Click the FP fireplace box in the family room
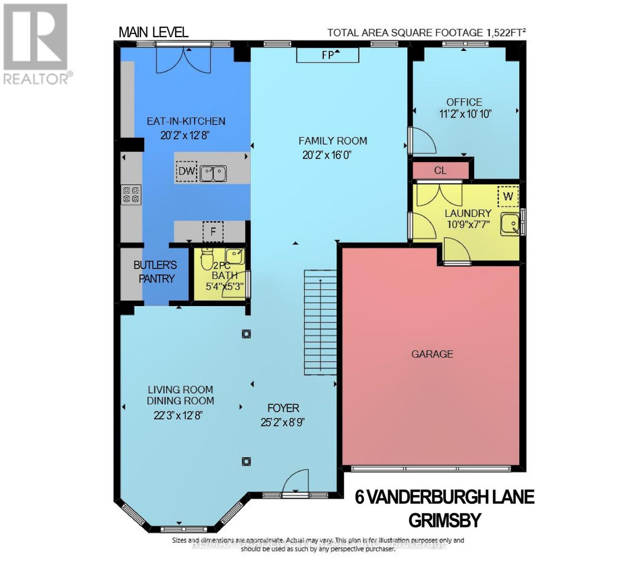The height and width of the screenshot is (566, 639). [328, 55]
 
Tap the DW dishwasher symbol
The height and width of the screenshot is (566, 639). [186, 171]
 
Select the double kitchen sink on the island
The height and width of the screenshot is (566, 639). [213, 174]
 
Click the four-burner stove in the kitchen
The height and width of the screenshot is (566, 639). [131, 195]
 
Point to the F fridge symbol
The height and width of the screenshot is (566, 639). [213, 232]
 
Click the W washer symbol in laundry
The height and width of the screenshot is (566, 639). [508, 196]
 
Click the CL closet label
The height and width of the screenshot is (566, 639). [440, 170]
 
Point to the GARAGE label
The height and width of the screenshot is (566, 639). [432, 354]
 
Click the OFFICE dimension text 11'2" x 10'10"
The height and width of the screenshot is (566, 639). [465, 114]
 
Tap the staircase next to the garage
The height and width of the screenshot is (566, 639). [320, 322]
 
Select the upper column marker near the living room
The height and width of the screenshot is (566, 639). [246, 334]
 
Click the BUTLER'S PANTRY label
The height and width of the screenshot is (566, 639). [156, 272]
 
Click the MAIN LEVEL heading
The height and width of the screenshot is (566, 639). [153, 32]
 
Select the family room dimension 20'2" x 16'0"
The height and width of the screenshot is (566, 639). [327, 155]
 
